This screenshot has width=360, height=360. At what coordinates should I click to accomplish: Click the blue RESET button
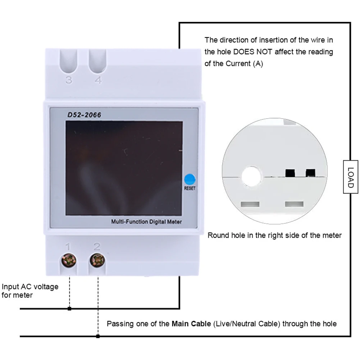tap(189, 179)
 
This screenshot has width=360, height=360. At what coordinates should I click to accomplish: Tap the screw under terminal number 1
tap(69, 260)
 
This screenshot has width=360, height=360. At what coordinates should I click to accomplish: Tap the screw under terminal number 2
tap(97, 260)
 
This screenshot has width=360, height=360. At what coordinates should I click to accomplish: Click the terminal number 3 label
tap(69, 80)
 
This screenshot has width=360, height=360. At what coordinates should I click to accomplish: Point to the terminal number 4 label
tap(98, 80)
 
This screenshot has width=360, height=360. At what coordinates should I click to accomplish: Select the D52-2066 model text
tap(84, 115)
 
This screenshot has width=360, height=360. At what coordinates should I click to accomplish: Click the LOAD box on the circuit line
tap(350, 176)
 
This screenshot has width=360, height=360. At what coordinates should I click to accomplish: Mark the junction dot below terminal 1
tap(69, 309)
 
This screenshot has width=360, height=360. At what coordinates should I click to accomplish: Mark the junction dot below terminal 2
tap(98, 336)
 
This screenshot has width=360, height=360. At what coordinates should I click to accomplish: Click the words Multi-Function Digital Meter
tap(146, 222)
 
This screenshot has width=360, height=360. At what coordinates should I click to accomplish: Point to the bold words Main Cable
tap(191, 324)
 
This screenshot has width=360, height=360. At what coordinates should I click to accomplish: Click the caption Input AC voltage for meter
tap(29, 291)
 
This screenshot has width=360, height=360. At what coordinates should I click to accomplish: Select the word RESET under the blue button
tap(190, 188)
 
